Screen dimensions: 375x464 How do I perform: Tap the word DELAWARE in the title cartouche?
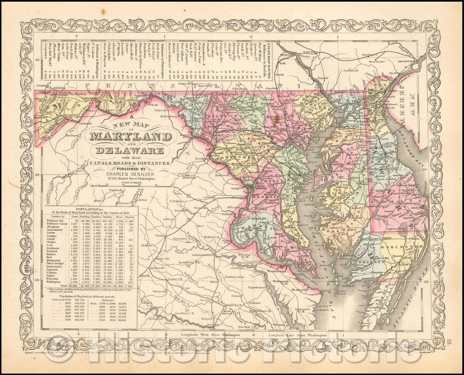(x=130, y=151)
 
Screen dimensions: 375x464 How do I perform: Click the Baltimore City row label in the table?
(x=60, y=220)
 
